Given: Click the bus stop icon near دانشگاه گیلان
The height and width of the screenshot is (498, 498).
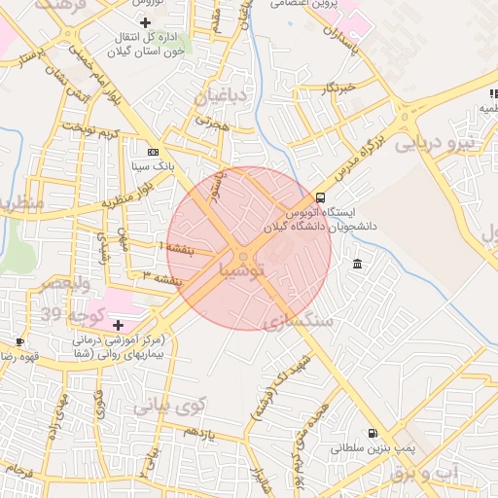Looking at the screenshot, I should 321,196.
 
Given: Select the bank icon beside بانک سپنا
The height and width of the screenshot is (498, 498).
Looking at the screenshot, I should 153,153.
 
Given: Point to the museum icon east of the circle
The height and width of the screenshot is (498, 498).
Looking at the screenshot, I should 358,265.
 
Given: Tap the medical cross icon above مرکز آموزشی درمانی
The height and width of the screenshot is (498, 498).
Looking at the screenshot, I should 119,324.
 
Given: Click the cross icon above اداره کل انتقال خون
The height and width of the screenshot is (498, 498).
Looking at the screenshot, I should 146,21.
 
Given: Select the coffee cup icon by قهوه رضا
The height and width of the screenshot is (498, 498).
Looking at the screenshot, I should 19,341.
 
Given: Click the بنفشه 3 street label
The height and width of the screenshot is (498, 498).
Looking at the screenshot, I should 162,279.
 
